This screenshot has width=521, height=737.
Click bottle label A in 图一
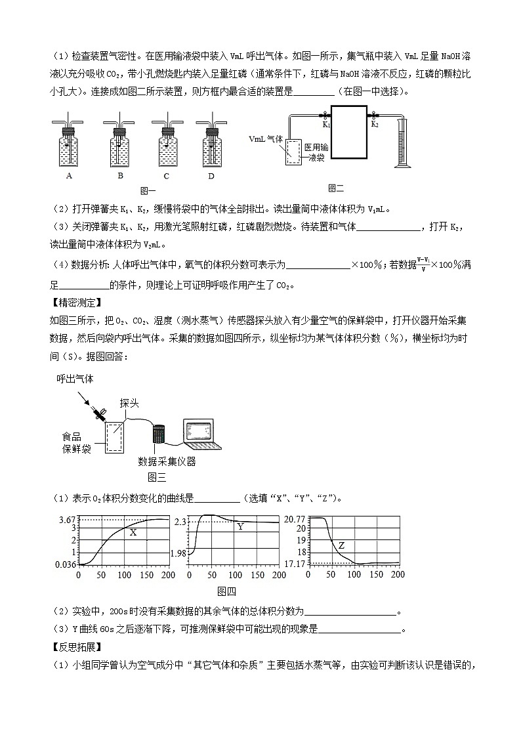point(69,175)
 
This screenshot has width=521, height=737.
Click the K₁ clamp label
point(326,123)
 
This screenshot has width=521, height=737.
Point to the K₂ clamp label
point(375,123)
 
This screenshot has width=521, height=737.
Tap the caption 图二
point(336,188)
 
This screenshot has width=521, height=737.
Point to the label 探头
point(129,403)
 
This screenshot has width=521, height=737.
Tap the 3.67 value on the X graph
point(68,520)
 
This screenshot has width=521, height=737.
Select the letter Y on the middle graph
point(240,526)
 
